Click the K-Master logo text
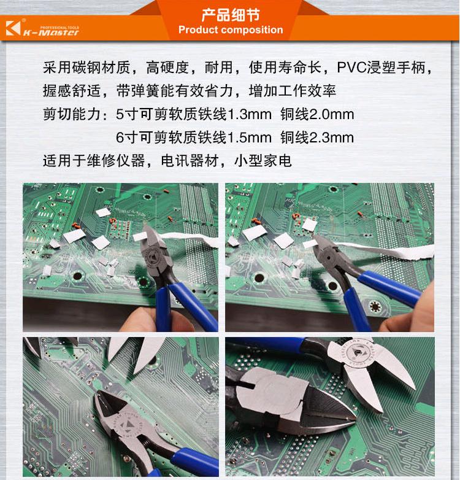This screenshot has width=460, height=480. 52,33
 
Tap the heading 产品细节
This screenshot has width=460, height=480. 231,15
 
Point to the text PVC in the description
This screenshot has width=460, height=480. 352,68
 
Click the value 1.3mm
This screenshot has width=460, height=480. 250,115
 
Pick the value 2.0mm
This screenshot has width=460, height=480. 332,115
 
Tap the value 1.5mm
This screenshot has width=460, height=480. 250,137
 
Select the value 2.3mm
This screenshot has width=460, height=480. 332,137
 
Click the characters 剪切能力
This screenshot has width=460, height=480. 72,115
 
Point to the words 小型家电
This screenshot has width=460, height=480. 263,161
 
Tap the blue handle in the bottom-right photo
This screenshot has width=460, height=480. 266,344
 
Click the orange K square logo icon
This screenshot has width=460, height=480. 13,28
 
